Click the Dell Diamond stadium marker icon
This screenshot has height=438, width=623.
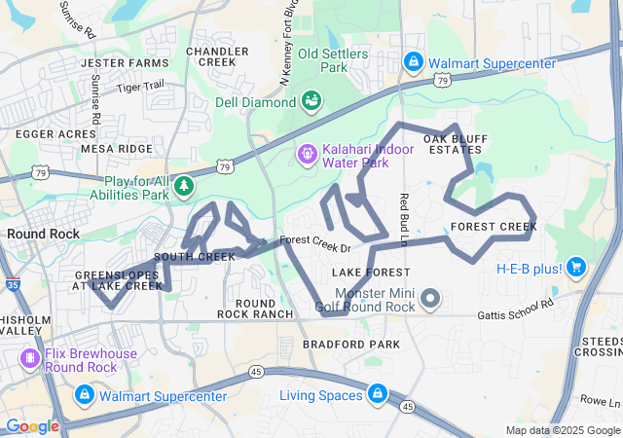tap(311, 100)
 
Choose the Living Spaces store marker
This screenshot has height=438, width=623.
tap(377, 394)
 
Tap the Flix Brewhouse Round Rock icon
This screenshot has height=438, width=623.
tap(30, 360)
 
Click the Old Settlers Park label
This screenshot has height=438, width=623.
tap(336, 60)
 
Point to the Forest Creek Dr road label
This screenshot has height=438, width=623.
tap(313, 240)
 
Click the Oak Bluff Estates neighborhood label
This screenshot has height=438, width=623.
tap(453, 144)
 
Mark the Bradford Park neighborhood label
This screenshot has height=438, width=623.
tap(350, 345)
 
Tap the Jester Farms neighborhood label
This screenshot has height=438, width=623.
tap(125, 63)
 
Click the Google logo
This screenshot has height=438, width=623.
tap(32, 426)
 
